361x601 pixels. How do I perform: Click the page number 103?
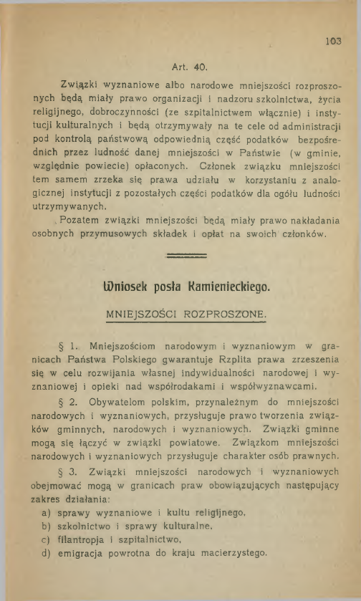(332, 40)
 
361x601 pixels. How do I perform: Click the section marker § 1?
(68, 347)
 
